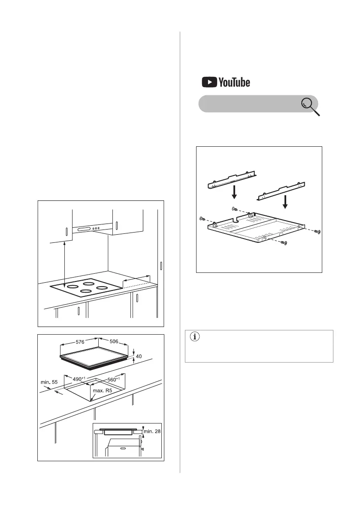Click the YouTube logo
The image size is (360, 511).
click(226, 82)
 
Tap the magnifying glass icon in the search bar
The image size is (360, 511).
click(310, 107)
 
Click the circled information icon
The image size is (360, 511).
click(194, 336)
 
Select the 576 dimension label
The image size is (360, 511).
click(80, 342)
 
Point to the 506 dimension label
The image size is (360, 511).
click(114, 341)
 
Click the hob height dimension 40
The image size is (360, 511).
click(139, 356)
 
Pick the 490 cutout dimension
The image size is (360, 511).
click(79, 379)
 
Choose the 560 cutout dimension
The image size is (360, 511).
click(114, 379)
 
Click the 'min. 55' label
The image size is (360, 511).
click(49, 382)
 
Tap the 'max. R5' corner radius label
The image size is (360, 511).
click(102, 390)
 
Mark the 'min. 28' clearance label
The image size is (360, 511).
click(152, 431)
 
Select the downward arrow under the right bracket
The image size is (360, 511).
click(285, 202)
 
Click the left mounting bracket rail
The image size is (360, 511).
click(232, 180)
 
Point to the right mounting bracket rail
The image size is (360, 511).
click(281, 191)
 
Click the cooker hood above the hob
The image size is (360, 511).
click(93, 228)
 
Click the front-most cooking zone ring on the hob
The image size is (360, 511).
click(86, 292)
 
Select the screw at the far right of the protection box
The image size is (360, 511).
click(318, 231)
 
